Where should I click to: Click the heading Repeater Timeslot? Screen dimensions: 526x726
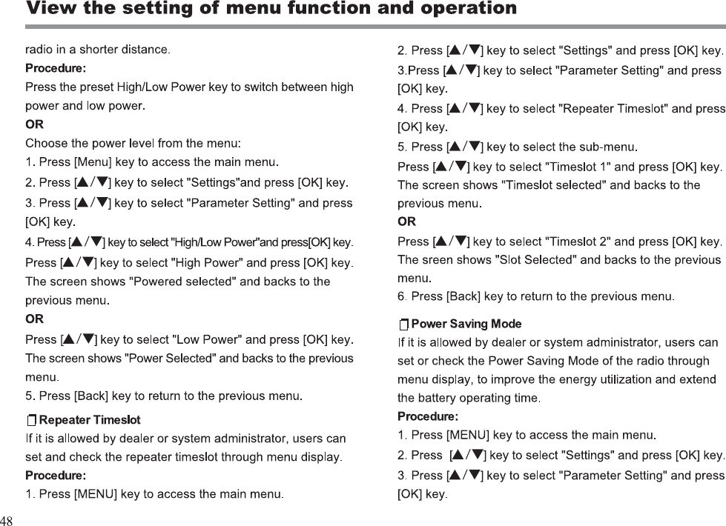[90, 421]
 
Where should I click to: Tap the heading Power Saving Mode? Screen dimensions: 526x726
[466, 324]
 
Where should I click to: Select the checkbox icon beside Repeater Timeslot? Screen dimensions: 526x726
[31, 422]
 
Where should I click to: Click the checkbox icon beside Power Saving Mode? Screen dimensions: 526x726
[403, 324]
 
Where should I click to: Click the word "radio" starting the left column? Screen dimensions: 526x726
[39, 50]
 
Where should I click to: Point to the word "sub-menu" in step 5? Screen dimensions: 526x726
[606, 146]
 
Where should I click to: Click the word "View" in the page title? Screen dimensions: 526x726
[49, 10]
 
